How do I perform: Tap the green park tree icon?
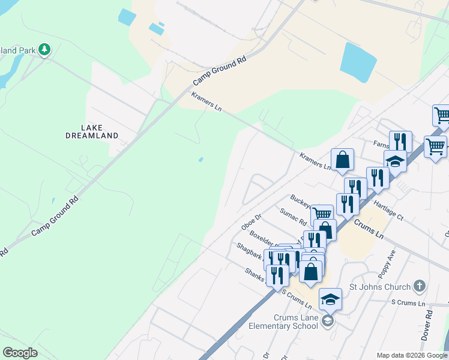click(44, 50)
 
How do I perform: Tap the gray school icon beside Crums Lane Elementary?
click(327, 322)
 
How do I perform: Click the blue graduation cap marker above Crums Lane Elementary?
click(330, 299)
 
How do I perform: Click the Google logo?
click(20, 353)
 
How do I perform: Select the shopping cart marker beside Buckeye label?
click(322, 214)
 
